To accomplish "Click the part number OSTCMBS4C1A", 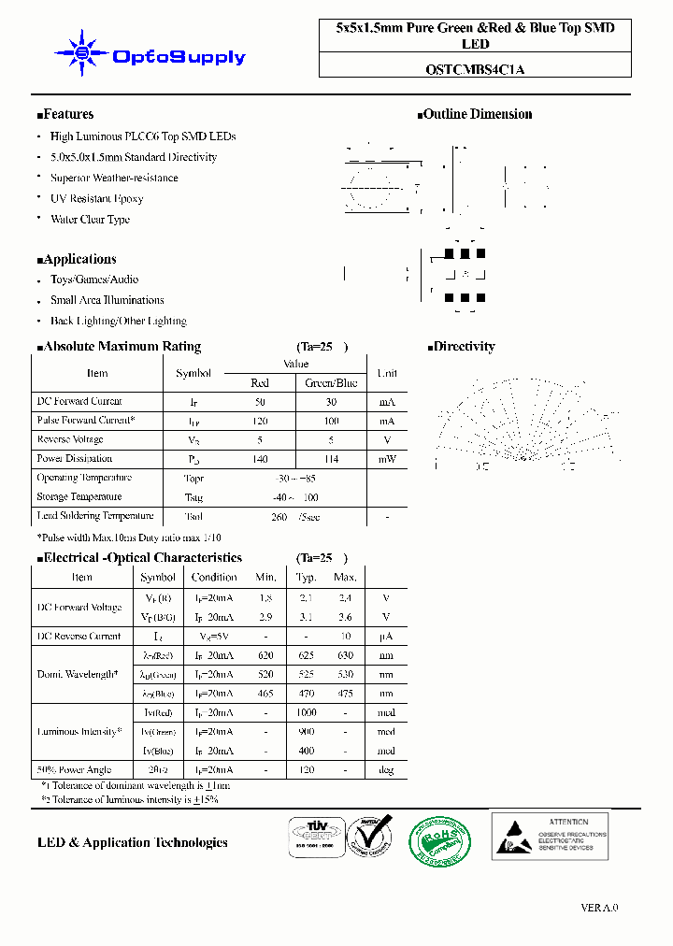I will (480, 68).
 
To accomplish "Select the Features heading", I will (66, 114).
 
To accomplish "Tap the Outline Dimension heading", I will (475, 114).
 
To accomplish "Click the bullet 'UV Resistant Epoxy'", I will (96, 198).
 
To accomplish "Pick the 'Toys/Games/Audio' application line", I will (93, 279).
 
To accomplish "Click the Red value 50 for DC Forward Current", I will (260, 401).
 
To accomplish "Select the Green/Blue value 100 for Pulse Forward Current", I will (331, 421).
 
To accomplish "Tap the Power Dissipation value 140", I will (260, 459).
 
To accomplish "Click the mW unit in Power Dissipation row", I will (387, 459).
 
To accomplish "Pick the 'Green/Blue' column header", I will (331, 382).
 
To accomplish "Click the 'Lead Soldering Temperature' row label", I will (94, 516).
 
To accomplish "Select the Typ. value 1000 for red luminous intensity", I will (307, 712).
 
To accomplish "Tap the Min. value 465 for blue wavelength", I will (265, 693).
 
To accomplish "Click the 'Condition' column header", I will (214, 578).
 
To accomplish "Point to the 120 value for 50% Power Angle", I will (307, 770).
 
